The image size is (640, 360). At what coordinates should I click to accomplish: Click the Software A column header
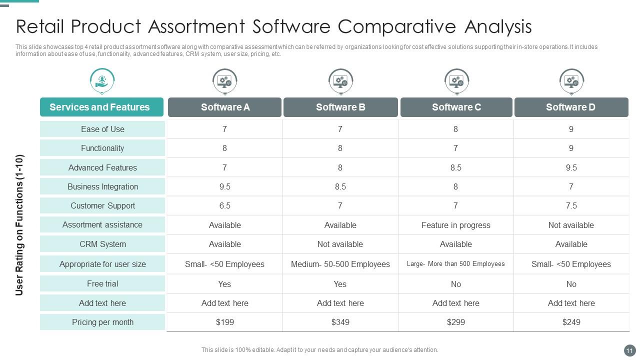(225, 107)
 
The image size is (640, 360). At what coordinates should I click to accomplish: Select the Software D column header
(570, 107)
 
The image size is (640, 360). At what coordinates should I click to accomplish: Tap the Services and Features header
(99, 107)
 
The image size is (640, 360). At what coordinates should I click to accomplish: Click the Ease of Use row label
(102, 129)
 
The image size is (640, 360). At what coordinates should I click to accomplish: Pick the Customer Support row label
(102, 205)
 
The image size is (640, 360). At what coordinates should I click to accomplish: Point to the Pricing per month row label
(102, 322)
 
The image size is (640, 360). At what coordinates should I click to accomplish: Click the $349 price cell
(340, 322)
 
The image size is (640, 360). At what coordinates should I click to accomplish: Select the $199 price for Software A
(224, 322)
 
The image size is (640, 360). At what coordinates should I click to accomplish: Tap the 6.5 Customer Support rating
(224, 205)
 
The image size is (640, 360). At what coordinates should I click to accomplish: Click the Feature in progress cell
(455, 225)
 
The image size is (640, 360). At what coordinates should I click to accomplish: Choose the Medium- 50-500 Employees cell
(340, 264)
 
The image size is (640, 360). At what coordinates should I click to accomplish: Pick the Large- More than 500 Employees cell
(455, 263)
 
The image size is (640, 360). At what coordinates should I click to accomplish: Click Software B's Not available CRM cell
(340, 244)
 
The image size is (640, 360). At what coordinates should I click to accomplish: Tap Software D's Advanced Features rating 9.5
(571, 167)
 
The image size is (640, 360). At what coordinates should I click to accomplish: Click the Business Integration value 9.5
(224, 186)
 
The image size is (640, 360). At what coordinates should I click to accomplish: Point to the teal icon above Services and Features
(102, 80)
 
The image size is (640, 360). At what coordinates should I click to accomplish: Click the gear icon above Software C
(456, 80)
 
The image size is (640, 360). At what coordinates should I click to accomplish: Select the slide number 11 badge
(629, 350)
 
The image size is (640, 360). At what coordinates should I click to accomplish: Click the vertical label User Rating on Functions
(19, 225)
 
